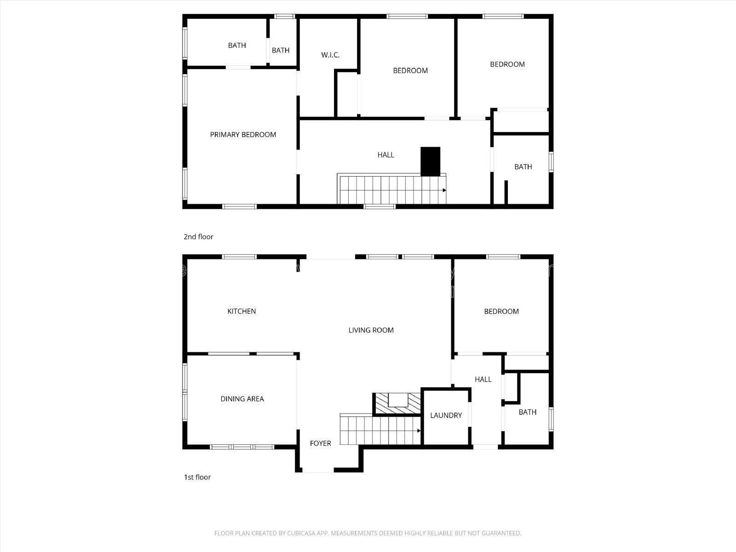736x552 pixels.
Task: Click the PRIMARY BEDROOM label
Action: tap(243, 135)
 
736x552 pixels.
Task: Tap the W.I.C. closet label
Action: tap(330, 55)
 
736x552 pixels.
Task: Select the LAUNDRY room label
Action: tap(446, 415)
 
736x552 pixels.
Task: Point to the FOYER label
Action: tap(320, 443)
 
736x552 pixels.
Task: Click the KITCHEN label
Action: tap(241, 311)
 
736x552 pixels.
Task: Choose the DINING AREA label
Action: tap(242, 399)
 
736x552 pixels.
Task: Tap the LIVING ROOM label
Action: tap(371, 330)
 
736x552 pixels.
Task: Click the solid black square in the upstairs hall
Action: tap(430, 161)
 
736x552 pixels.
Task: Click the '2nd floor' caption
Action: tap(199, 236)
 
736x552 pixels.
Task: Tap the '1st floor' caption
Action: tap(197, 477)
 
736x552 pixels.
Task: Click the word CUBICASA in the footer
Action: tap(301, 533)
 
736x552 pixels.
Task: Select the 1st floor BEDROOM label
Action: tap(501, 311)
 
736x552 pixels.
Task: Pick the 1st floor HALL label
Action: tap(483, 379)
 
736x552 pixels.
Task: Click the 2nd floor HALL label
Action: tap(385, 155)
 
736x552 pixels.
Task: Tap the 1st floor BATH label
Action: tap(528, 412)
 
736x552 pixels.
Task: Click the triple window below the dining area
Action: tap(242, 447)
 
